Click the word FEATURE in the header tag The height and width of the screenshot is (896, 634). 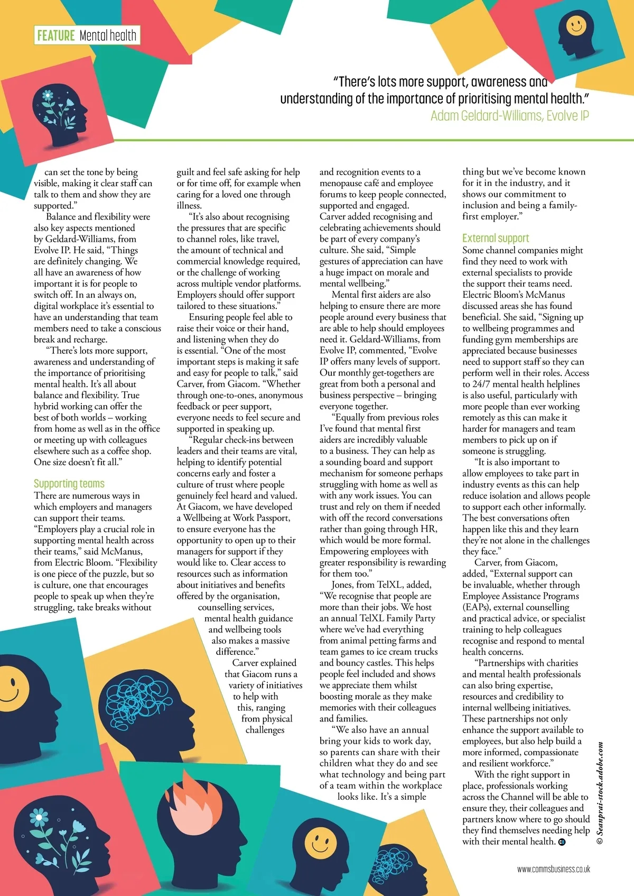[55, 35]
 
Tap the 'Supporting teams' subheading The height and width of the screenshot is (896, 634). [69, 483]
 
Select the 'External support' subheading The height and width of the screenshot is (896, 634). [496, 238]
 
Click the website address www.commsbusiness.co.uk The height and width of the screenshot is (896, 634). [553, 868]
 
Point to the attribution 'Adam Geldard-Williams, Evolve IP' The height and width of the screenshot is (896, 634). [509, 115]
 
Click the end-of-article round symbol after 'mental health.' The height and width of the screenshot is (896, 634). [562, 842]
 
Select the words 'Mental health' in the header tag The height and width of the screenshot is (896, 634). [108, 35]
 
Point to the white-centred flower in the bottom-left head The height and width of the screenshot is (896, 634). [40, 817]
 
